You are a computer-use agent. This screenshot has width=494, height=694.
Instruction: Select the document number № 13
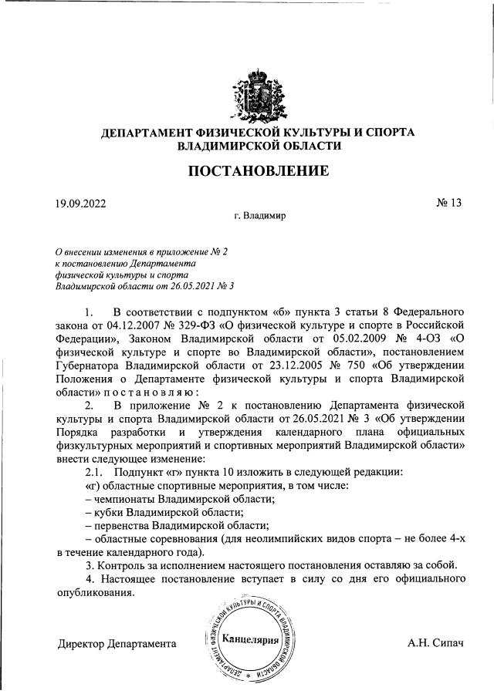click(448, 204)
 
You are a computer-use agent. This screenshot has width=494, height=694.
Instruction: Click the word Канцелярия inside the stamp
click(249, 639)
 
